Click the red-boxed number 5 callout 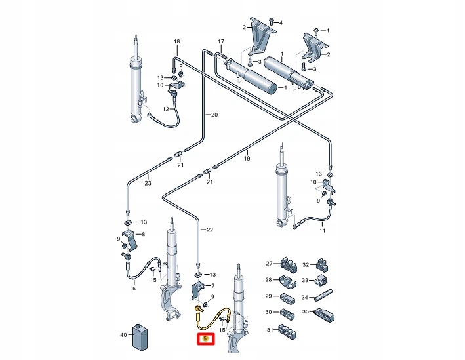205,339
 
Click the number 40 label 123,334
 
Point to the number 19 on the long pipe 247,158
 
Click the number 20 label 213,115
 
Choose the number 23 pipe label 148,183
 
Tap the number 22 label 211,230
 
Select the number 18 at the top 176,42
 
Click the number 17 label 221,41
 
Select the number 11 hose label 322,231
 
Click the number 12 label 167,108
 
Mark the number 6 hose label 134,289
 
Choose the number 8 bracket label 144,234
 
